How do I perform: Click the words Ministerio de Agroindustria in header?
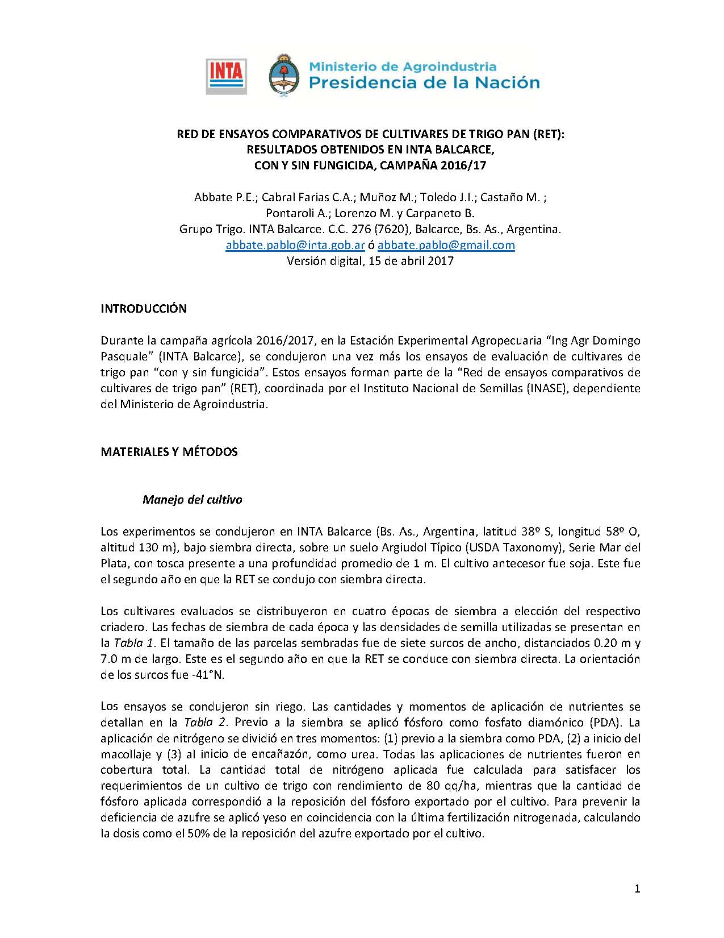pos(403,67)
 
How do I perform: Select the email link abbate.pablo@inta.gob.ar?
pos(295,245)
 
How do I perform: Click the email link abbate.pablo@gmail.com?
pos(446,245)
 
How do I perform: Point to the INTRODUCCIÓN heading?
pos(144,309)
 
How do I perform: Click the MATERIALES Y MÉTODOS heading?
pos(169,452)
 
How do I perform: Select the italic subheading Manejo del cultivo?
pos(192,500)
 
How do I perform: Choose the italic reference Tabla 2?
pos(206,723)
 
